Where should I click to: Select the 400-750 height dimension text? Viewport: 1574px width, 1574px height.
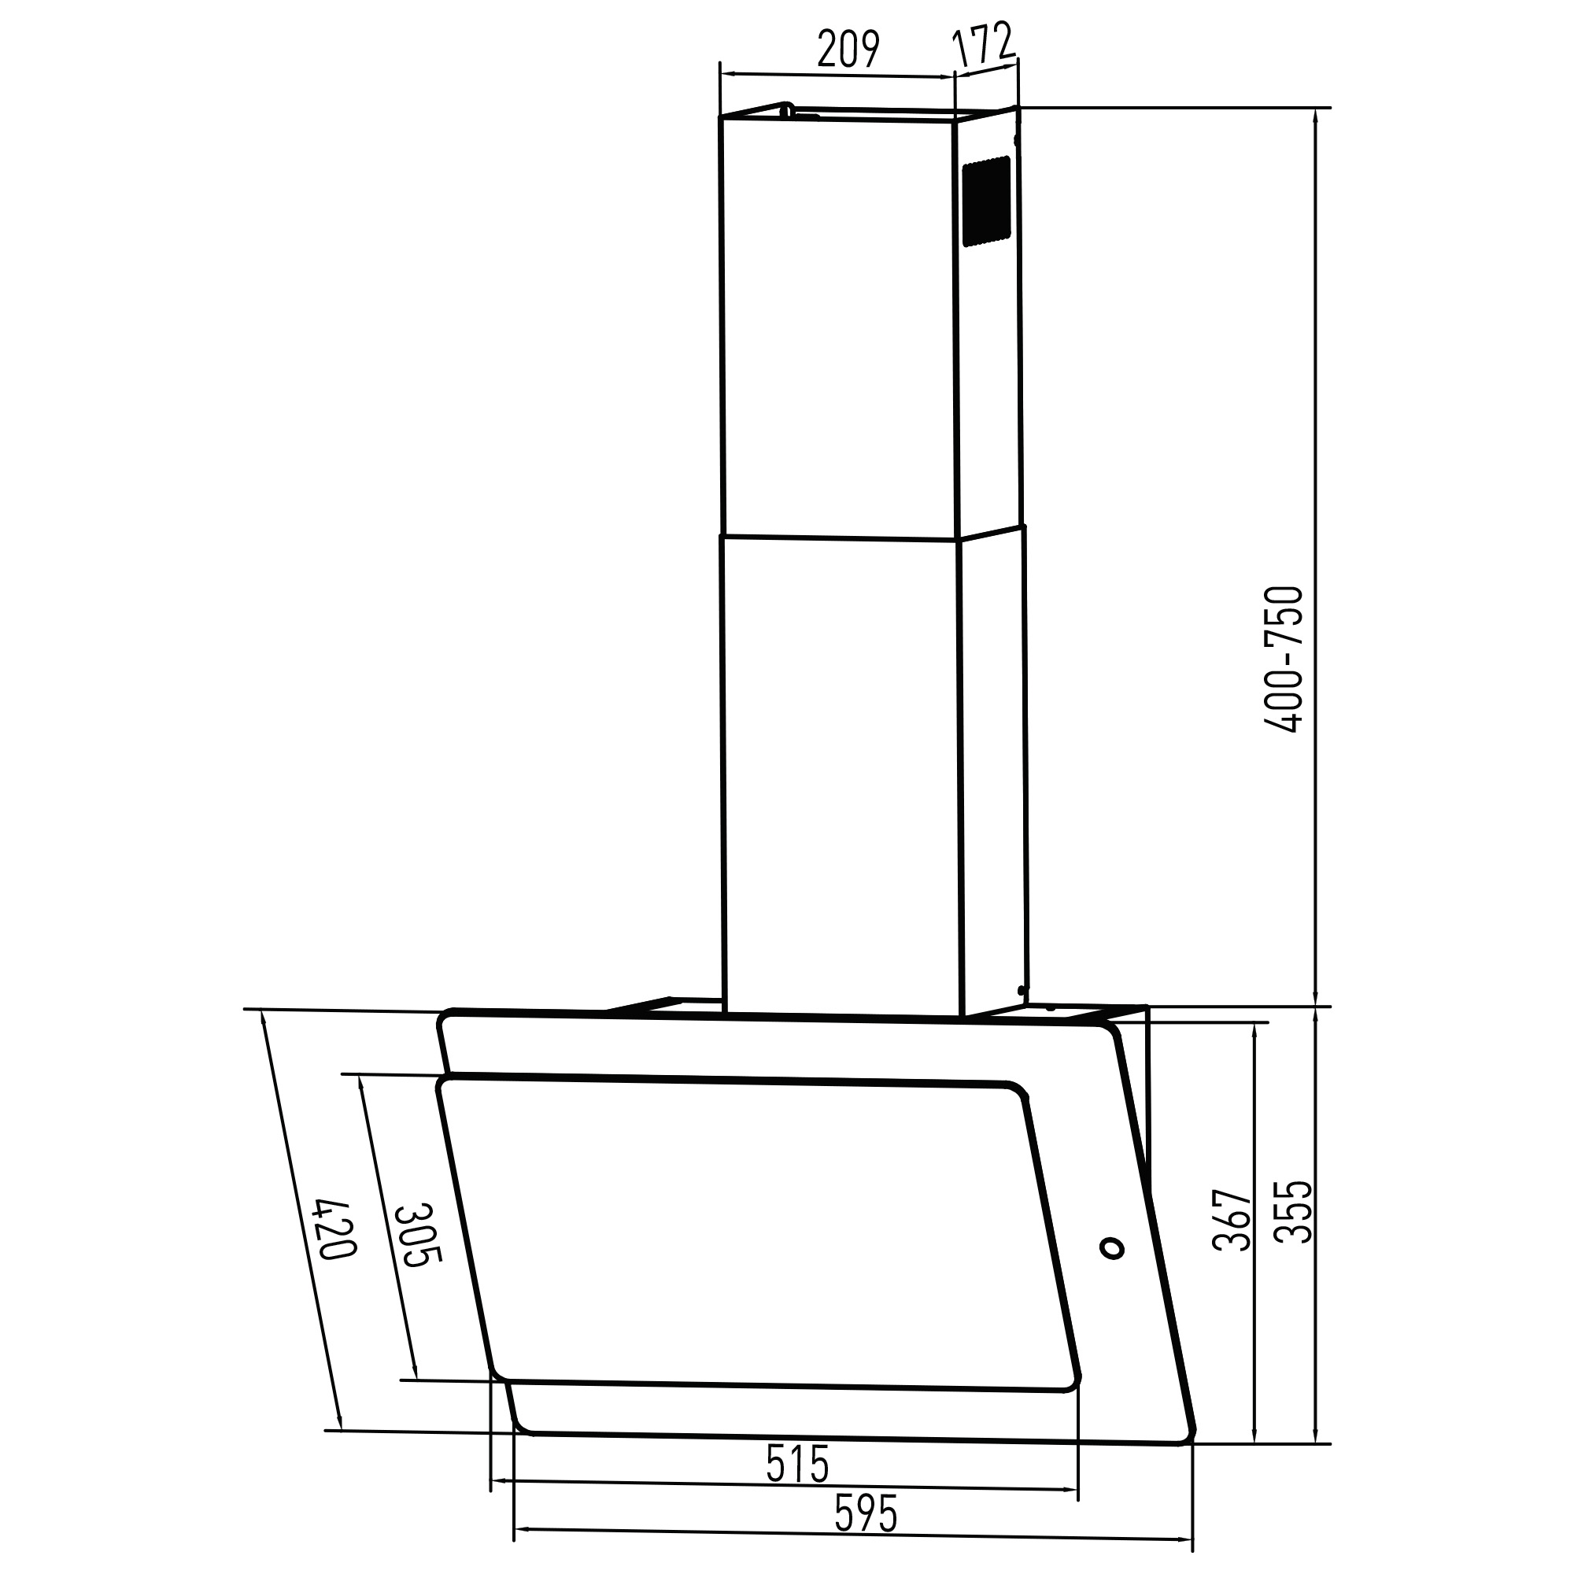pyautogui.click(x=1287, y=660)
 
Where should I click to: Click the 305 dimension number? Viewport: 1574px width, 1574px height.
pyautogui.click(x=418, y=1235)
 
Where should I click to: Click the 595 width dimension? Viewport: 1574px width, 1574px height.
pyautogui.click(x=865, y=1513)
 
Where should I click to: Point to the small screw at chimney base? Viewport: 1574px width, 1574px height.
pyautogui.click(x=1022, y=990)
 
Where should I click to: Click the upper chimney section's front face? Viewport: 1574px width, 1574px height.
pyautogui.click(x=837, y=326)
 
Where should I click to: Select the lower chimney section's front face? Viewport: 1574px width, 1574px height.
pyautogui.click(x=841, y=774)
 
